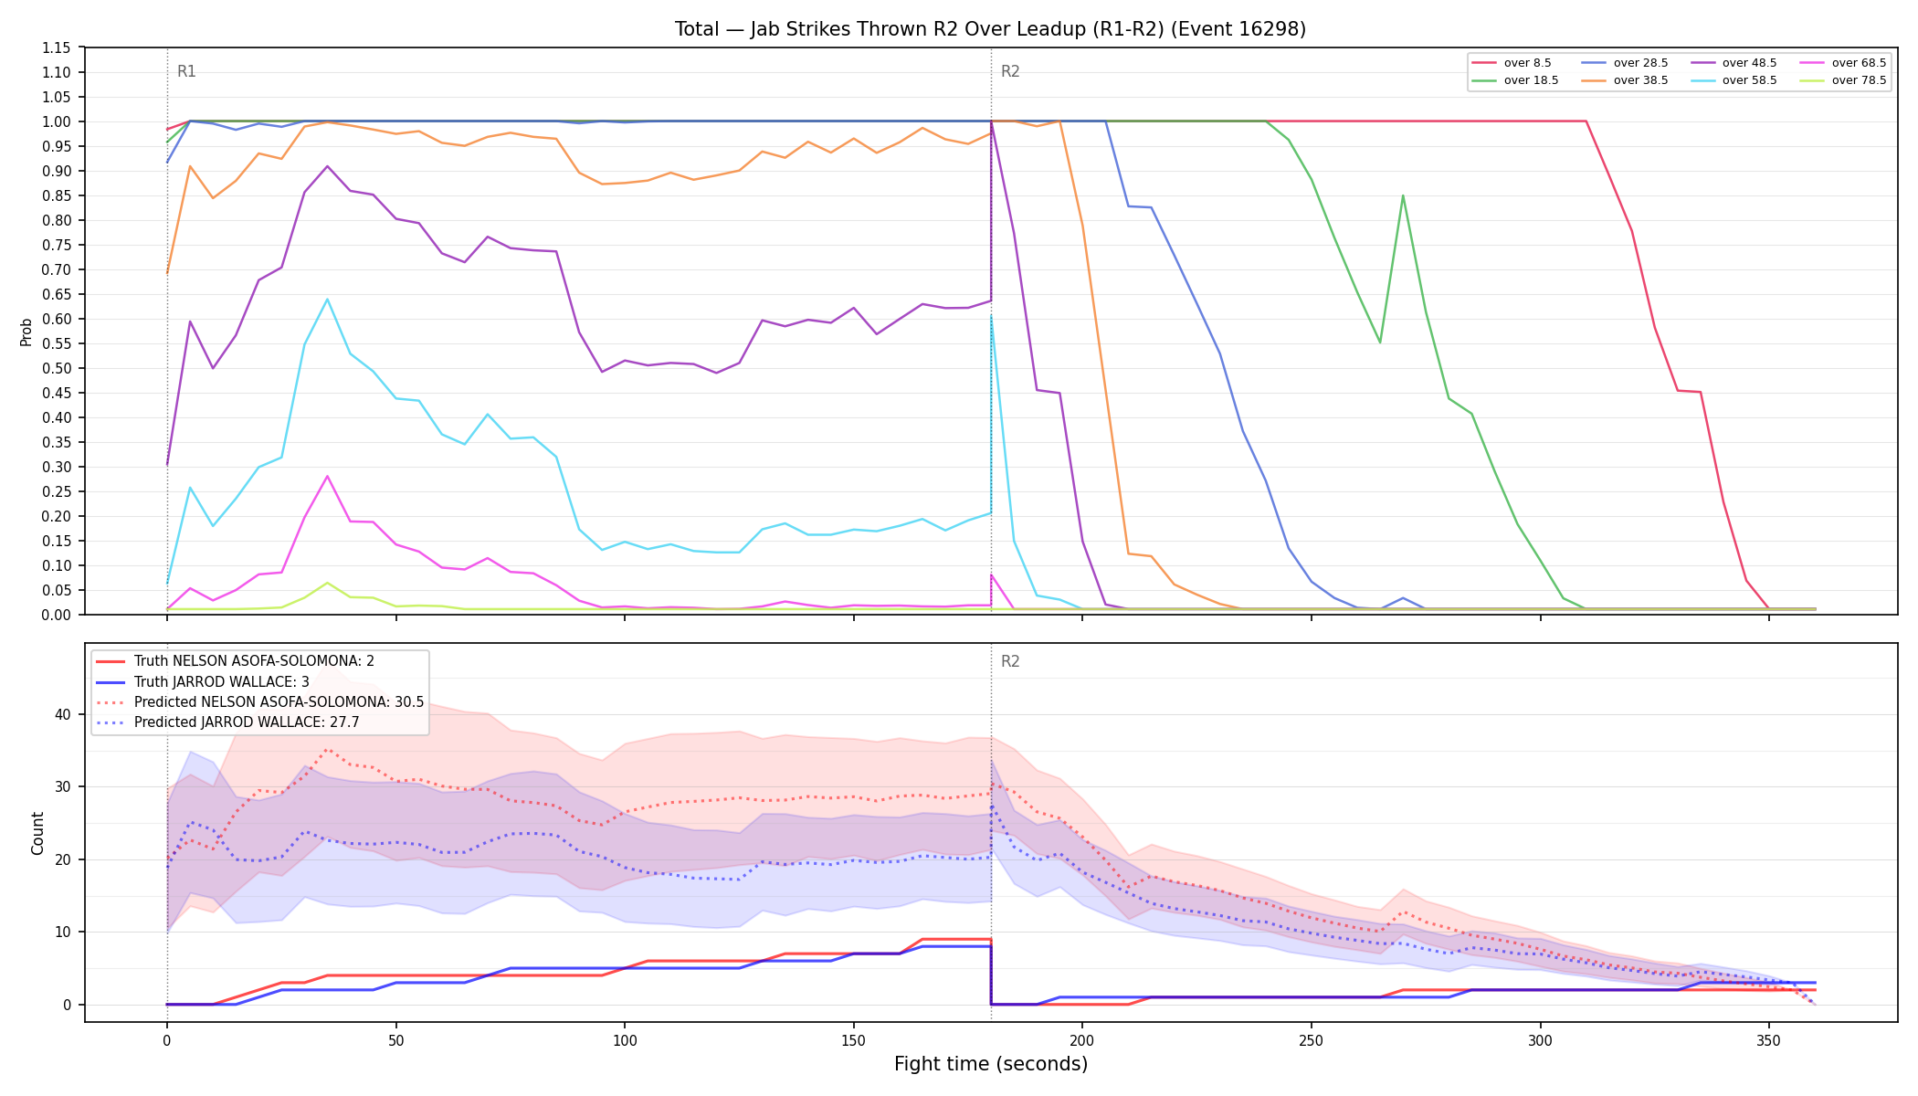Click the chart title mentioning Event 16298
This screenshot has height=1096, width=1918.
pyautogui.click(x=990, y=29)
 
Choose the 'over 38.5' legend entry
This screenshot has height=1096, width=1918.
pyautogui.click(x=1625, y=80)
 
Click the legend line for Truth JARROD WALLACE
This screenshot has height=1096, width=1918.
pyautogui.click(x=111, y=682)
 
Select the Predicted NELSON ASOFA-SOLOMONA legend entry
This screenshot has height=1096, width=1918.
pyautogui.click(x=260, y=702)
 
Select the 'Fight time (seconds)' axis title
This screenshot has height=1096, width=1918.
pyautogui.click(x=991, y=1064)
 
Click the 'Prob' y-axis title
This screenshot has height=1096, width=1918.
pyautogui.click(x=26, y=332)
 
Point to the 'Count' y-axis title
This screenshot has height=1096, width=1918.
pyautogui.click(x=37, y=833)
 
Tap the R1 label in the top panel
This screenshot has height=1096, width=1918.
pyautogui.click(x=186, y=71)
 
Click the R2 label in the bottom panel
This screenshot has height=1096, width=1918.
pyautogui.click(x=1010, y=661)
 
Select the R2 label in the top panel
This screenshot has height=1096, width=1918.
pyautogui.click(x=1010, y=71)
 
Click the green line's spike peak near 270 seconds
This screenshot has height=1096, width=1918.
pyautogui.click(x=1403, y=195)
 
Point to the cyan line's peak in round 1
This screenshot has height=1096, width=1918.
pyautogui.click(x=327, y=300)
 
